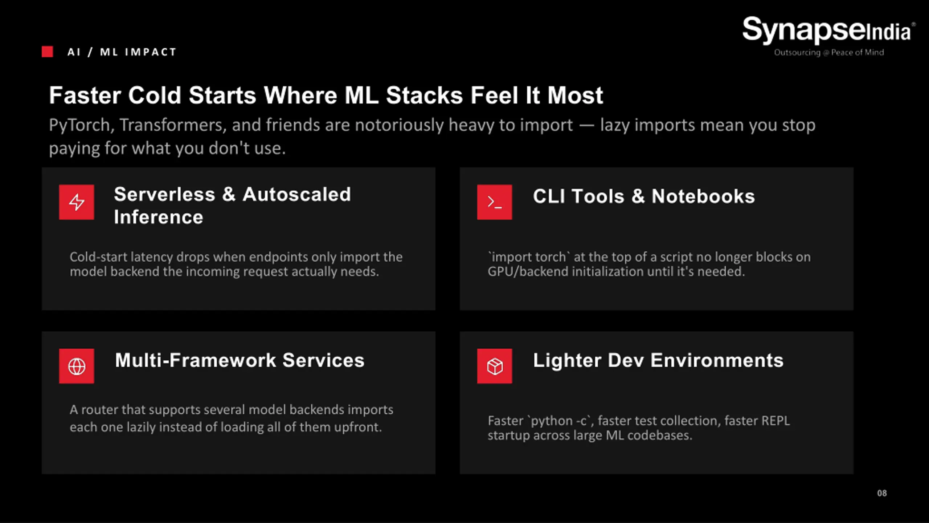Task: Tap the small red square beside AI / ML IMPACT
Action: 47,52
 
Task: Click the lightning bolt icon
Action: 77,202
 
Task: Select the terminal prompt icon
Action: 494,202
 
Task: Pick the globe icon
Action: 77,366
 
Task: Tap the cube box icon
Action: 494,366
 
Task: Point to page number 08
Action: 882,493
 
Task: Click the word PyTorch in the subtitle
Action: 79,125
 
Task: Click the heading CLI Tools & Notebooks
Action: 643,196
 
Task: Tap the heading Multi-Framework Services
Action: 240,360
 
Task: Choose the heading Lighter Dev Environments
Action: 658,360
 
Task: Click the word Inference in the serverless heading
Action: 159,217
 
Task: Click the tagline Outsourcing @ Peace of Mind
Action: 829,52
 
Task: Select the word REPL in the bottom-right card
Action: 775,421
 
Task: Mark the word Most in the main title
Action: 575,95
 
